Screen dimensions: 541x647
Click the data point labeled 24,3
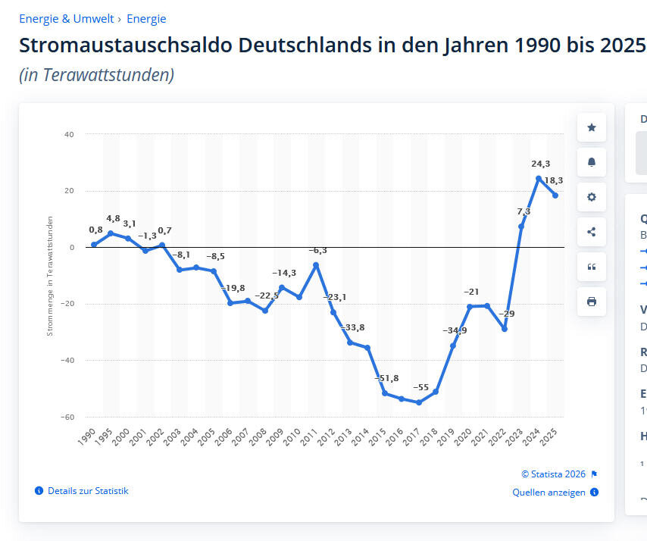point(539,179)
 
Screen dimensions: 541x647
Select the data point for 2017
point(419,402)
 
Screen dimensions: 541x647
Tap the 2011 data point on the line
point(316,265)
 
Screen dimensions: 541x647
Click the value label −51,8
point(386,378)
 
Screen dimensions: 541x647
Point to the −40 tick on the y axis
point(68,361)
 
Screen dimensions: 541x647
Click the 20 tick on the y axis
point(69,191)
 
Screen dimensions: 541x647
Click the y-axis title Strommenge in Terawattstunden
point(50,276)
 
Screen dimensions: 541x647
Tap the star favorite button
point(592,127)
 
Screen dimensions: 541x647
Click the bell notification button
point(592,162)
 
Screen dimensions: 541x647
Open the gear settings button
point(592,197)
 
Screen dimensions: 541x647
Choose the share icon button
point(592,232)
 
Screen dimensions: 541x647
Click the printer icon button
point(592,302)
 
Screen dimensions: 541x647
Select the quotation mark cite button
point(592,267)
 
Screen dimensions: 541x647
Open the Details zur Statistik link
point(88,491)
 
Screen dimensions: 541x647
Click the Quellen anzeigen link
point(549,493)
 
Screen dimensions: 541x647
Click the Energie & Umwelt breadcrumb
point(67,19)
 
